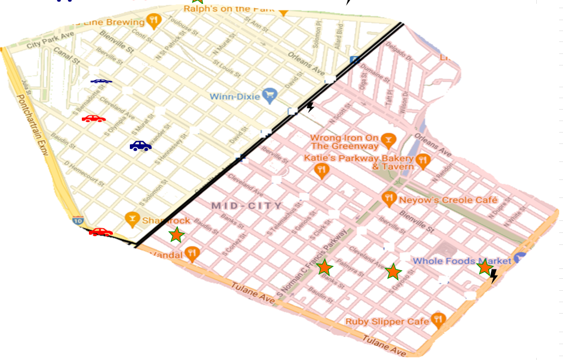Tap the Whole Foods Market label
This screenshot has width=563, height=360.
coord(462,261)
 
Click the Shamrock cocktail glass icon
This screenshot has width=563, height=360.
coord(131,219)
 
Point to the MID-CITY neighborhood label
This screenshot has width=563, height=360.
coord(247,206)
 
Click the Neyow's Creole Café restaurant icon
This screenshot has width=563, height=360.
coord(388,198)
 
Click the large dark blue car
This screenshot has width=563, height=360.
coord(140,146)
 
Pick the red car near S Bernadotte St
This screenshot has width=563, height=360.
coord(94,118)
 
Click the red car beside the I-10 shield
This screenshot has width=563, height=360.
coord(100,232)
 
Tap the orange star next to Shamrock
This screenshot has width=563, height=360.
coord(176,235)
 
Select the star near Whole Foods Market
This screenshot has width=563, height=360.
coord(484,267)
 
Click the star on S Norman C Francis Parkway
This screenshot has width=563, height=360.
coord(325,267)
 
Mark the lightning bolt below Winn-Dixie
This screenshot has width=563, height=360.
coord(310,106)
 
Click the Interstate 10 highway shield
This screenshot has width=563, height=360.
coord(77,221)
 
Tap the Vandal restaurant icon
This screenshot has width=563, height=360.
coord(191,253)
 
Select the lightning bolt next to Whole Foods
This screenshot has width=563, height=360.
coord(493,276)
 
